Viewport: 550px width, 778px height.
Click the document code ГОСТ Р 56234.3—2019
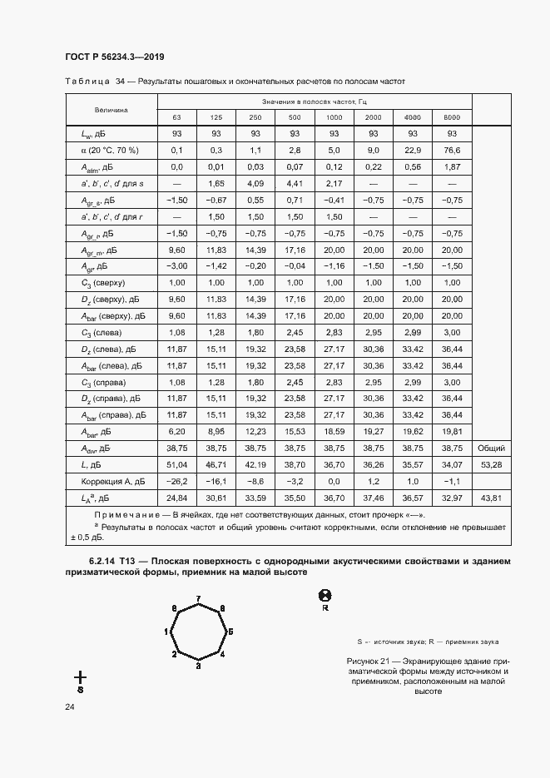114,57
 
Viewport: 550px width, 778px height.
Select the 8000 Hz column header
452,117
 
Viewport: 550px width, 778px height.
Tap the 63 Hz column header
177,117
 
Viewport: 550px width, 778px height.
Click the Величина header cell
111,109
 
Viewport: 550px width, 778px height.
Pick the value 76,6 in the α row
452,151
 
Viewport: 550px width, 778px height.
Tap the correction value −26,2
176,481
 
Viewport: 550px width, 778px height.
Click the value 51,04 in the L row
176,464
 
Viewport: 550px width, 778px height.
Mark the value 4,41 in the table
294,183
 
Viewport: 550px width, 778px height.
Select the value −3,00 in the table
176,266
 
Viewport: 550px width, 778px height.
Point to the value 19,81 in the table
452,431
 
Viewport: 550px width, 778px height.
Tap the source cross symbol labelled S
81,678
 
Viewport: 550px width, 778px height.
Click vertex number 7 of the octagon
197,599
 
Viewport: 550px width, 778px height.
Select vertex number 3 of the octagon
197,667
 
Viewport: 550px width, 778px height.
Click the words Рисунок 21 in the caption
369,660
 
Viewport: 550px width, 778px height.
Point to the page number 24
70,706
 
